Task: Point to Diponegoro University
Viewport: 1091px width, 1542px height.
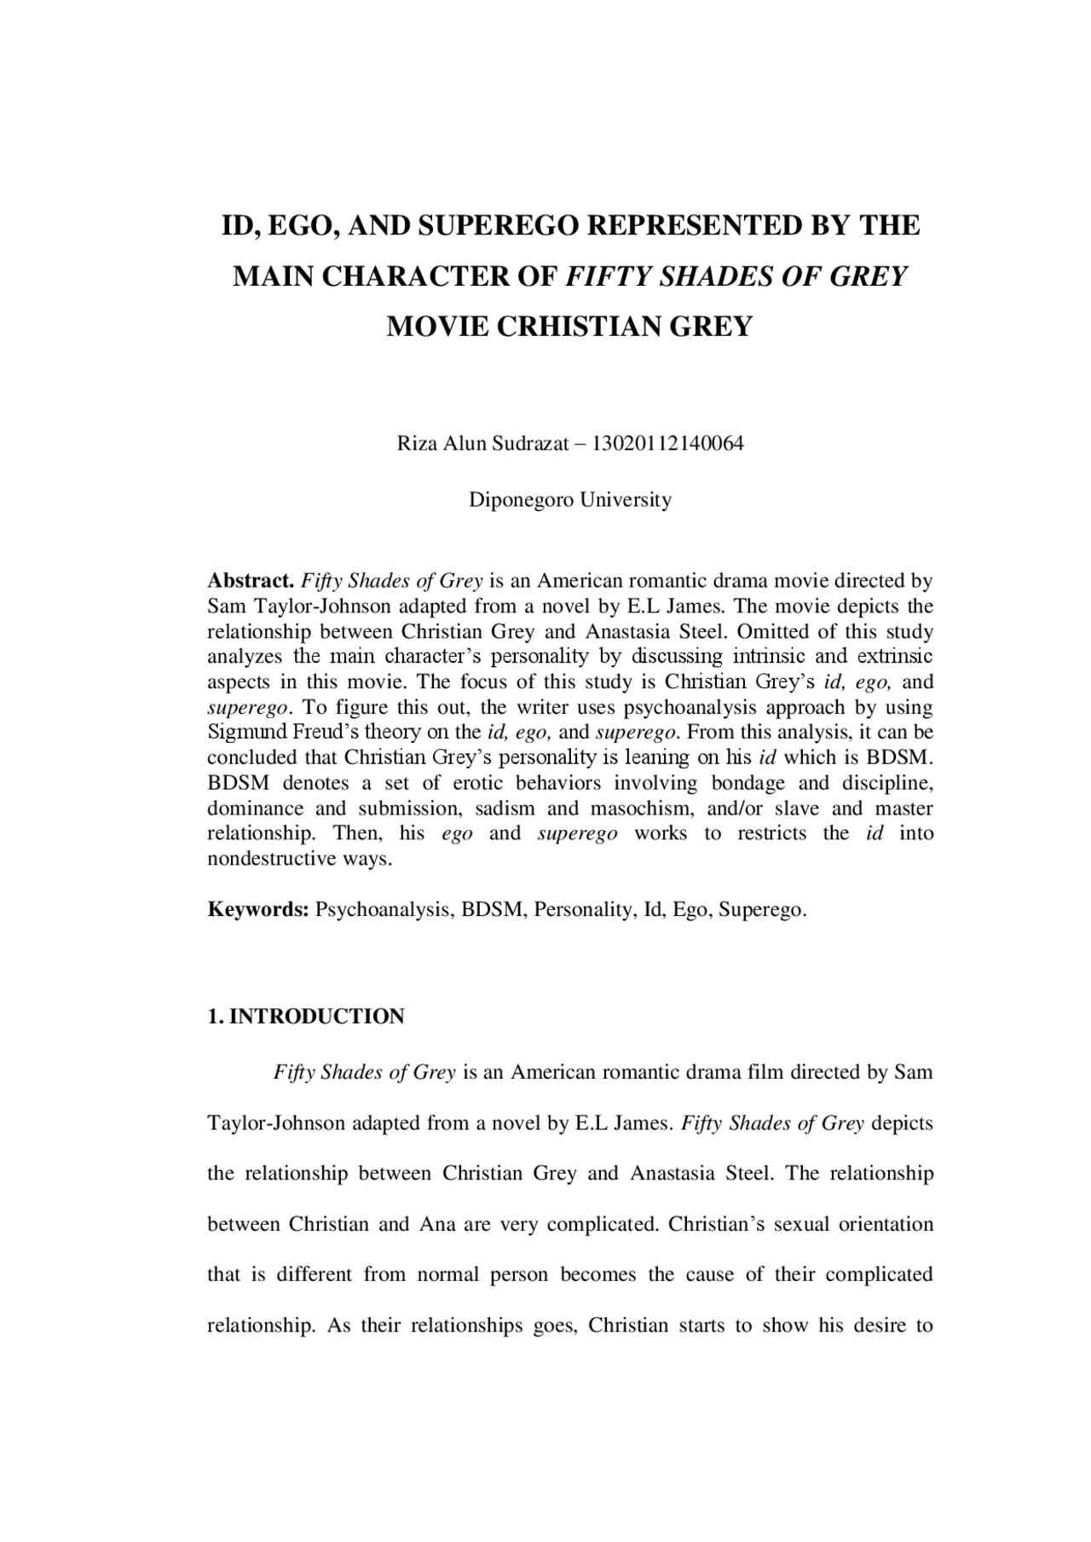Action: (570, 500)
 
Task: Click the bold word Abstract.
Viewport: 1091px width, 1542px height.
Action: (251, 582)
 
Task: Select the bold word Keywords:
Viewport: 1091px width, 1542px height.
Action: (258, 910)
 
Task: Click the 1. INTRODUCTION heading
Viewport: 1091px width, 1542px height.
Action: (306, 1017)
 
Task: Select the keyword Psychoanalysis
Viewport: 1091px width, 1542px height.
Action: (383, 910)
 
